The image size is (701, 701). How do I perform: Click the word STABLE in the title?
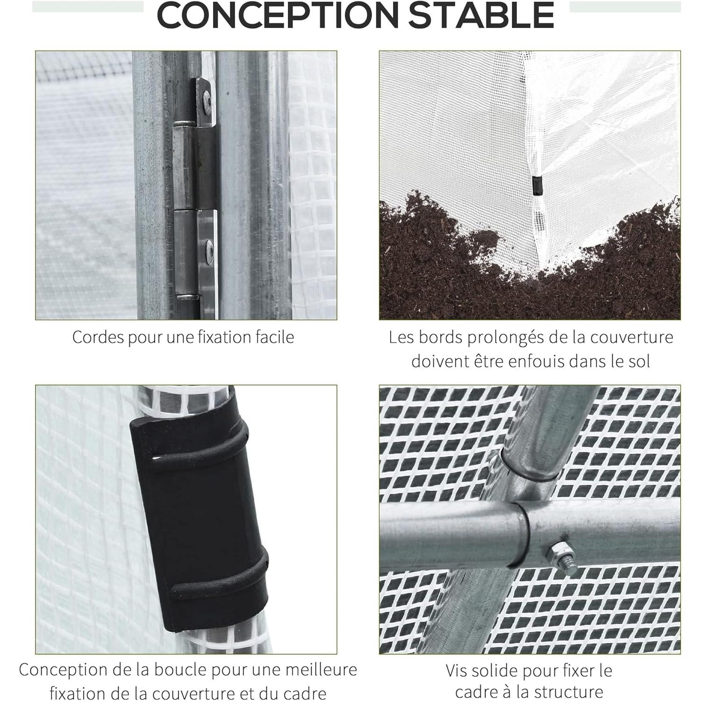(x=481, y=15)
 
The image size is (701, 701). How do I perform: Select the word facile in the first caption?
(x=273, y=337)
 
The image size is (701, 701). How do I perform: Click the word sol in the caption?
(x=638, y=362)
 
